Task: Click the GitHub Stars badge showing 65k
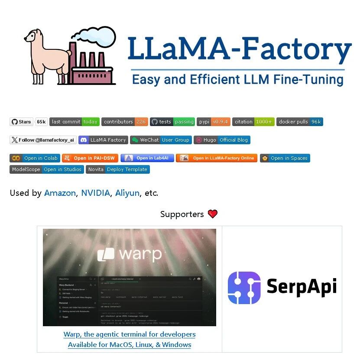coord(28,122)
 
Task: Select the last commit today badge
coord(75,122)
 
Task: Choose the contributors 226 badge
coord(125,122)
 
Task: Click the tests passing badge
coord(172,122)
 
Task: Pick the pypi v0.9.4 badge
coord(214,122)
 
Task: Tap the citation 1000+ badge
coord(253,122)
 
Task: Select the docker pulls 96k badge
coord(300,122)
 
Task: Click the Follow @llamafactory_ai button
coord(43,140)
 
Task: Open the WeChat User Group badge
coord(161,140)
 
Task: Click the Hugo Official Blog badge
coord(222,140)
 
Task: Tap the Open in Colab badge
coord(35,158)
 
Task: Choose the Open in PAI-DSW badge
coord(90,158)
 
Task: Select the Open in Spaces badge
coord(285,158)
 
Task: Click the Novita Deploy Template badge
coord(118,169)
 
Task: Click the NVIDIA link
coord(95,193)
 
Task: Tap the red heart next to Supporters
coord(213,214)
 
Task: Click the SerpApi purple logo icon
coord(244,287)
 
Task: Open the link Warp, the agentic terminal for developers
coord(130,334)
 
